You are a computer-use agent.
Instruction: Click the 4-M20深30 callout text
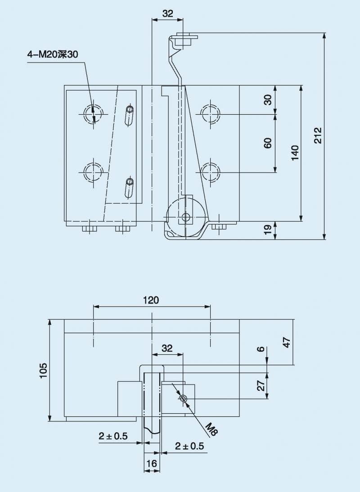(52, 54)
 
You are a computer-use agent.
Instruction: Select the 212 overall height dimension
(318, 135)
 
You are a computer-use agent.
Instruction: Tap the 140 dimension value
(295, 153)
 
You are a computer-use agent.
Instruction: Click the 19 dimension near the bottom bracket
(268, 230)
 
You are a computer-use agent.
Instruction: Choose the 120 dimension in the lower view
(151, 300)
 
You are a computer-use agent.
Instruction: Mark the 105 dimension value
(43, 370)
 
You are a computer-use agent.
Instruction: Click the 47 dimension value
(287, 342)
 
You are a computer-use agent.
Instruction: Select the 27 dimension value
(261, 385)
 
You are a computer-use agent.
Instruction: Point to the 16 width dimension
(152, 463)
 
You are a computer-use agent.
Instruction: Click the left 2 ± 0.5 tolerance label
(113, 436)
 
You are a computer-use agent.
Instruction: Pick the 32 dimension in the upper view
(167, 13)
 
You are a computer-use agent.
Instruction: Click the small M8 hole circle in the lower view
(183, 399)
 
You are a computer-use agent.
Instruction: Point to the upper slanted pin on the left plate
(129, 116)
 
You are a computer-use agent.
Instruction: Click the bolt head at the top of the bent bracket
(184, 40)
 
